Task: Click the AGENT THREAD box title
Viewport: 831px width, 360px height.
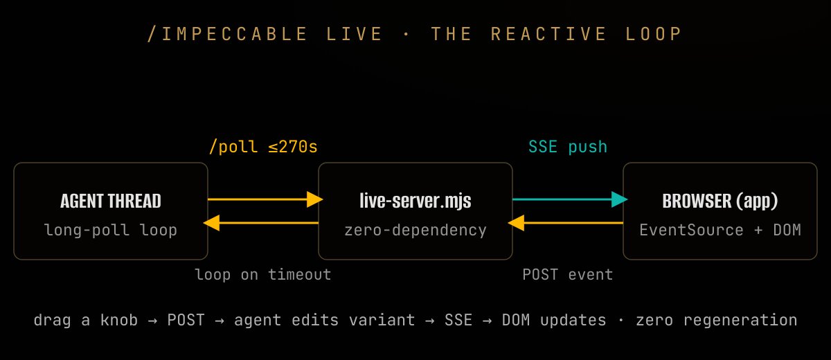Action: [111, 201]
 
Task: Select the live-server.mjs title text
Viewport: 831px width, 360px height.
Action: [415, 201]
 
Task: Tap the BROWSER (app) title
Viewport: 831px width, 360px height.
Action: [720, 201]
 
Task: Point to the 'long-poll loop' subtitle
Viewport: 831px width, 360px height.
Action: [111, 230]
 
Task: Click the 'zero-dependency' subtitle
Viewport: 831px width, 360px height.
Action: [415, 230]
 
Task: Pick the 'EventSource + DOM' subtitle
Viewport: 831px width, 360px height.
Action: [720, 230]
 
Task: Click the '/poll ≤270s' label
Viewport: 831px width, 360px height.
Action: [263, 147]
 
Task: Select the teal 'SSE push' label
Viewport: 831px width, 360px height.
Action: [568, 147]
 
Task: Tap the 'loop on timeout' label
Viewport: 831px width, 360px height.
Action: [263, 275]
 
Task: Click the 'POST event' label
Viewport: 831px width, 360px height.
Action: [568, 275]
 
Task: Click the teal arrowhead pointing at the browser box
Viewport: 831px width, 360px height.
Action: [619, 199]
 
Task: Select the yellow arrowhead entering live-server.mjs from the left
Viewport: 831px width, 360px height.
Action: [315, 199]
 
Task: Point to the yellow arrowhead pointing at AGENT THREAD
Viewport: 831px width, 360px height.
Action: [211, 223]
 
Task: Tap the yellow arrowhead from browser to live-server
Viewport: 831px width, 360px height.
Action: [516, 223]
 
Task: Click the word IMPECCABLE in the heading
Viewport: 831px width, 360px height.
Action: [235, 34]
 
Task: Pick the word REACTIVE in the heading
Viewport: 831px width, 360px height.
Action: [548, 34]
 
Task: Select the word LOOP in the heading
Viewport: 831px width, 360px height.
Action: [654, 34]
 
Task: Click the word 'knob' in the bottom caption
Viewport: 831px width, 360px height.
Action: [119, 320]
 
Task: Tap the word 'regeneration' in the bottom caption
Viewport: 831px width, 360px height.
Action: [740, 321]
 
